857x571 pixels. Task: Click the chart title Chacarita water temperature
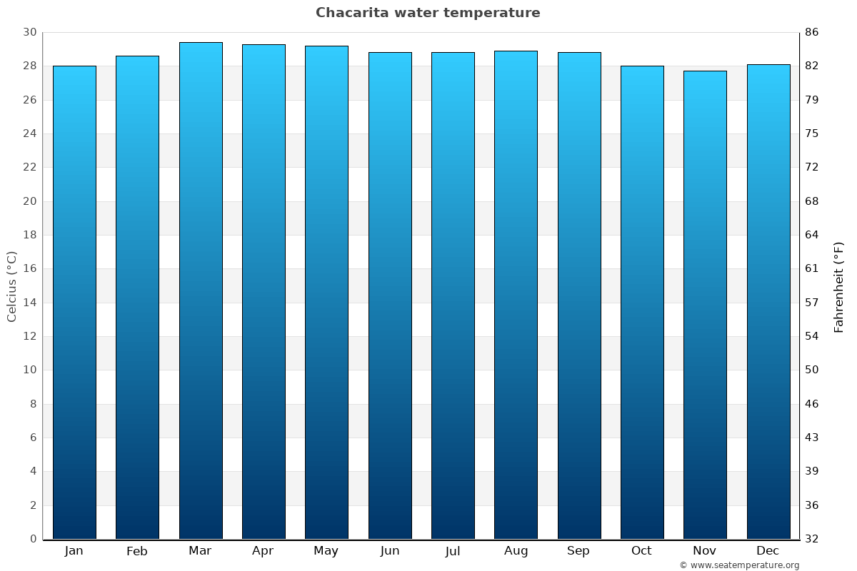point(428,13)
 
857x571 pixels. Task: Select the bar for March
point(201,290)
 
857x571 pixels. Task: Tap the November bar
point(705,305)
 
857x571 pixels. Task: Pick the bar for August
point(516,295)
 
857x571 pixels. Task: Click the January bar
point(74,302)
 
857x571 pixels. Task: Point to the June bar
point(390,295)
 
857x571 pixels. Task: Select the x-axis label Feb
point(137,551)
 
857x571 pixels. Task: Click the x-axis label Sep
point(578,551)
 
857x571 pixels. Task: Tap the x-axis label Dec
point(768,551)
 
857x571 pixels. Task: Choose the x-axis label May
point(326,551)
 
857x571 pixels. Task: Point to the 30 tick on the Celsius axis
point(29,32)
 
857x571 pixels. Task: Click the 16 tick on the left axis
point(29,268)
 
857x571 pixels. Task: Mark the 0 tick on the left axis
point(33,539)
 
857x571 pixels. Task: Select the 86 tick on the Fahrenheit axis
point(812,32)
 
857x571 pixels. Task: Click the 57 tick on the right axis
point(812,303)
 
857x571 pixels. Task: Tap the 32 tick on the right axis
point(812,539)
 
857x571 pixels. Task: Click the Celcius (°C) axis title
point(11,285)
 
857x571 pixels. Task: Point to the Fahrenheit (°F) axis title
point(838,286)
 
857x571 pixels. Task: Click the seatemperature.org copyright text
point(739,565)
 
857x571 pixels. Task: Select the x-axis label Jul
point(452,551)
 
